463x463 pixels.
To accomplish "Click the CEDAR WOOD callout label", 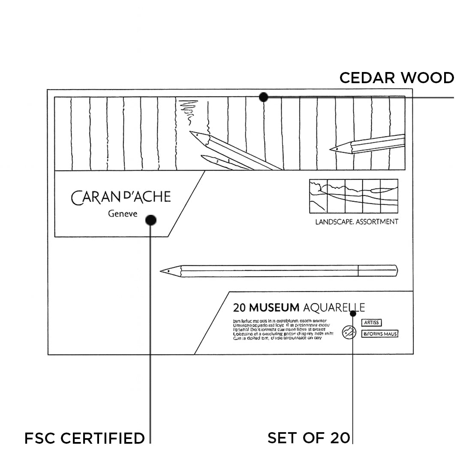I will pyautogui.click(x=397, y=78).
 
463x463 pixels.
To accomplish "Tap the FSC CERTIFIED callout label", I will pyautogui.click(x=84, y=438).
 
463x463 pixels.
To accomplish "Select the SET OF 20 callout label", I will pyautogui.click(x=309, y=438).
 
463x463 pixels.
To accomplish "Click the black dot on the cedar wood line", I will pyautogui.click(x=264, y=97).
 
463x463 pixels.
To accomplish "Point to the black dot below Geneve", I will pyautogui.click(x=150, y=220).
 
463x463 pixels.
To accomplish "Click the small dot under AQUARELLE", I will pyautogui.click(x=353, y=313).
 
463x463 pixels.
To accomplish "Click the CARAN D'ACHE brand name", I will pyautogui.click(x=121, y=197).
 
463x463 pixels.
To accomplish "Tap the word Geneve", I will pyautogui.click(x=123, y=214).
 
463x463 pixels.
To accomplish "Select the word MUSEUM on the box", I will pyautogui.click(x=274, y=308).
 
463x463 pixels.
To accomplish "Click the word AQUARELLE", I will pyautogui.click(x=334, y=308).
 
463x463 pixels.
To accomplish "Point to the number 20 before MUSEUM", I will pyautogui.click(x=239, y=308).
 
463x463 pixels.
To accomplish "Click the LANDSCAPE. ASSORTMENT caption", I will pyautogui.click(x=357, y=222).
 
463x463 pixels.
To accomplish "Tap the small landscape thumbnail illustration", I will pyautogui.click(x=354, y=196).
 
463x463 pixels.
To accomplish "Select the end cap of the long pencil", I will pyautogui.click(x=378, y=271).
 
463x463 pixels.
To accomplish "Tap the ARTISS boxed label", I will pyautogui.click(x=371, y=323).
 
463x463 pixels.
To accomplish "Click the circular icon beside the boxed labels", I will pyautogui.click(x=348, y=332).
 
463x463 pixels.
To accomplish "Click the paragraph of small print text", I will pyautogui.click(x=283, y=329).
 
